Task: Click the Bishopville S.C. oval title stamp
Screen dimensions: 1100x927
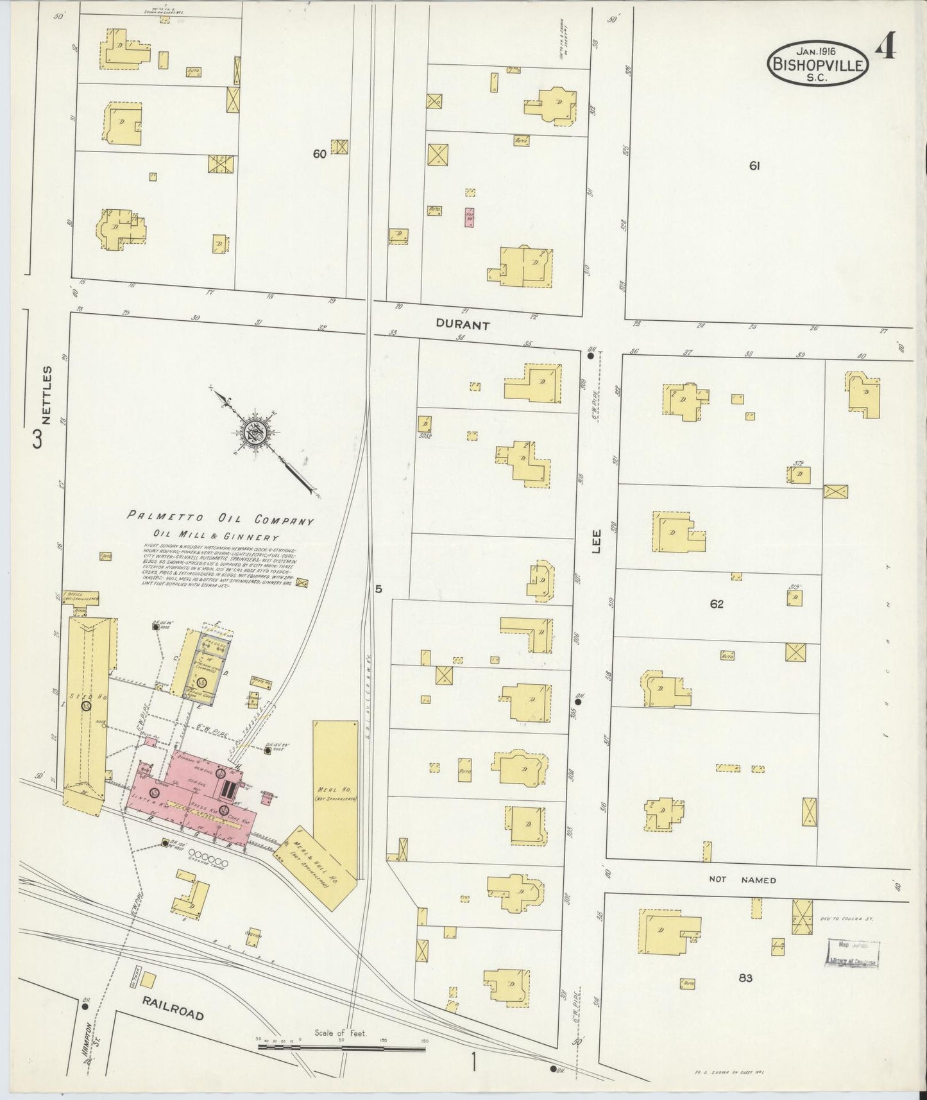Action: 819,64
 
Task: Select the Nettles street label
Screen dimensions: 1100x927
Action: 46,395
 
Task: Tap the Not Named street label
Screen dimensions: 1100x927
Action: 742,880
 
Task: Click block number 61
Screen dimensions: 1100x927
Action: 754,166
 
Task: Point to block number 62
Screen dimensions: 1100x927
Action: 717,604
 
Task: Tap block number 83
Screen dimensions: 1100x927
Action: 745,978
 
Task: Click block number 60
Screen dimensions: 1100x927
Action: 319,154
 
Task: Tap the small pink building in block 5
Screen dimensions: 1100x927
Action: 470,217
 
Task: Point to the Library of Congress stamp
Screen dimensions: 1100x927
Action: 853,953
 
